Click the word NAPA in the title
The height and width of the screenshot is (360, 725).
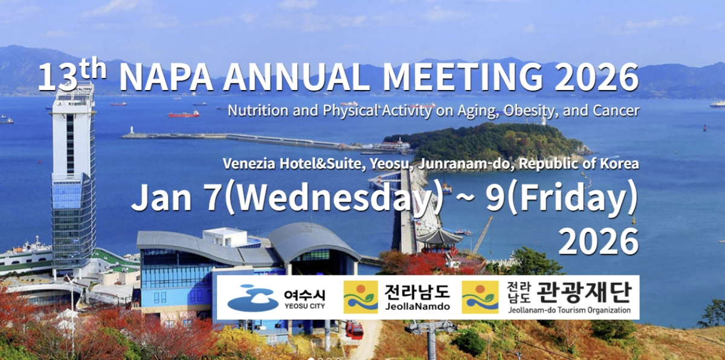[x=166, y=77]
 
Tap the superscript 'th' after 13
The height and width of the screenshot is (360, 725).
[x=93, y=68]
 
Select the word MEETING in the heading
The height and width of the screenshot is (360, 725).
[x=463, y=77]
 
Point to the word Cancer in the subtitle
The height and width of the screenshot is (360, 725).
[x=616, y=111]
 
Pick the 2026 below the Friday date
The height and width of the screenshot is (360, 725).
[x=599, y=241]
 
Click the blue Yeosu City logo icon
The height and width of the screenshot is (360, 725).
[x=253, y=298]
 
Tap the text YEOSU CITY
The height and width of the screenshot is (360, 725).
[x=304, y=306]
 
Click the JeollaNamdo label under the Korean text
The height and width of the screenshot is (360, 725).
[x=417, y=306]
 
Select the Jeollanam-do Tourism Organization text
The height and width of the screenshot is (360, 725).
[x=569, y=310]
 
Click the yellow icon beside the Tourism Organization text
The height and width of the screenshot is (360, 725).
[x=480, y=297]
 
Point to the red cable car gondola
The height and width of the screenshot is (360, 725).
[x=355, y=330]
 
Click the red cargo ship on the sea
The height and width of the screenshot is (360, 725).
[x=184, y=114]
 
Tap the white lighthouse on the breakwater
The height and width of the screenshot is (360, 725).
[x=132, y=130]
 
